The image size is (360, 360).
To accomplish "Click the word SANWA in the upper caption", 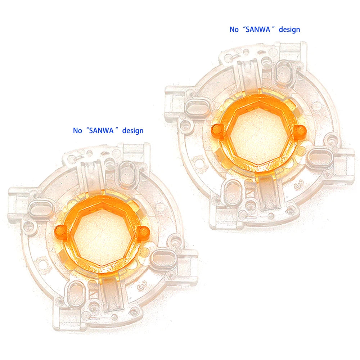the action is (x=258, y=30).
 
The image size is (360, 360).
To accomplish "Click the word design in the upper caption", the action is (x=289, y=30).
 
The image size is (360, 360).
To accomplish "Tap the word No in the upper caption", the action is (x=234, y=30).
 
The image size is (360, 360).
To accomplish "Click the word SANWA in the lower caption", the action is (x=101, y=131).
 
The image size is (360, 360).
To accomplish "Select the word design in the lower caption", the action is (x=133, y=131).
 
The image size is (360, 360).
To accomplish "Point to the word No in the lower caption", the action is (x=77, y=131).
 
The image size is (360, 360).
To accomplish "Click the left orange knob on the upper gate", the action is (x=216, y=130).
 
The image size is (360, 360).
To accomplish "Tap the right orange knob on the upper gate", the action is (x=300, y=130).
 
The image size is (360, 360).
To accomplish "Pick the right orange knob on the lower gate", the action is (x=144, y=231).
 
